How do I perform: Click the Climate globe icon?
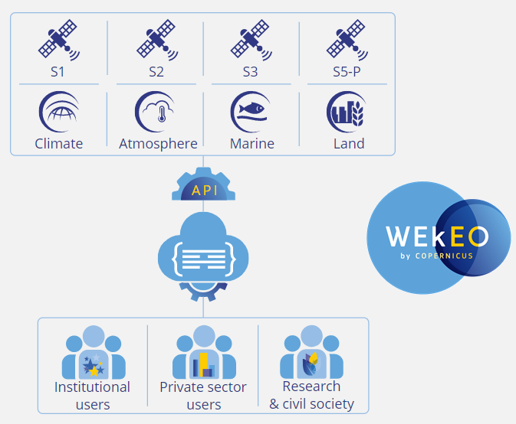[59, 113]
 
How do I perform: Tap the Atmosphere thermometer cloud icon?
[156, 113]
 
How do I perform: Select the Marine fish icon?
[251, 113]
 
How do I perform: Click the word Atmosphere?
[158, 143]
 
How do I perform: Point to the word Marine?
[252, 143]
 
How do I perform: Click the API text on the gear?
[205, 190]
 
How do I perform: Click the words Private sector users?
[203, 395]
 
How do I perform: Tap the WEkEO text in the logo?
[437, 236]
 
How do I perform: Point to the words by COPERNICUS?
[436, 256]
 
